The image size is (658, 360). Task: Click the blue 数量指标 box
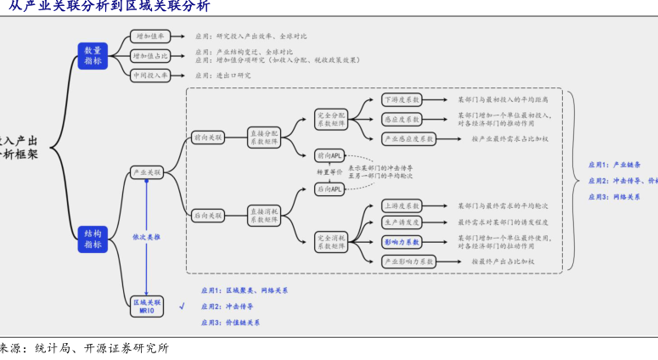tap(92, 56)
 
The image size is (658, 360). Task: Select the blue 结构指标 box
tap(92, 239)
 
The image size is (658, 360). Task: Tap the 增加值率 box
tap(150, 37)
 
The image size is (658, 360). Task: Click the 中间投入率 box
tap(150, 76)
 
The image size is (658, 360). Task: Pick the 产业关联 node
tap(147, 172)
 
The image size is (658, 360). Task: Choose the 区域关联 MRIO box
tap(147, 307)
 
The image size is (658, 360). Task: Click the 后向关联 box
tap(207, 216)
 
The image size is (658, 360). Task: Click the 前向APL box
tap(329, 155)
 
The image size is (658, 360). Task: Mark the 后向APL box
tap(329, 189)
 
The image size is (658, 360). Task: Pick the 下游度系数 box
tap(402, 99)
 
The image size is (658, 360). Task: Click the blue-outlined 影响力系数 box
tap(402, 242)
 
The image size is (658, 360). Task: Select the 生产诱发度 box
tap(402, 222)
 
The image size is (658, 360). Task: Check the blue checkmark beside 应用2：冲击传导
tap(182, 307)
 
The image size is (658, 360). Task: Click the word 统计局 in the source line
tap(52, 348)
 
